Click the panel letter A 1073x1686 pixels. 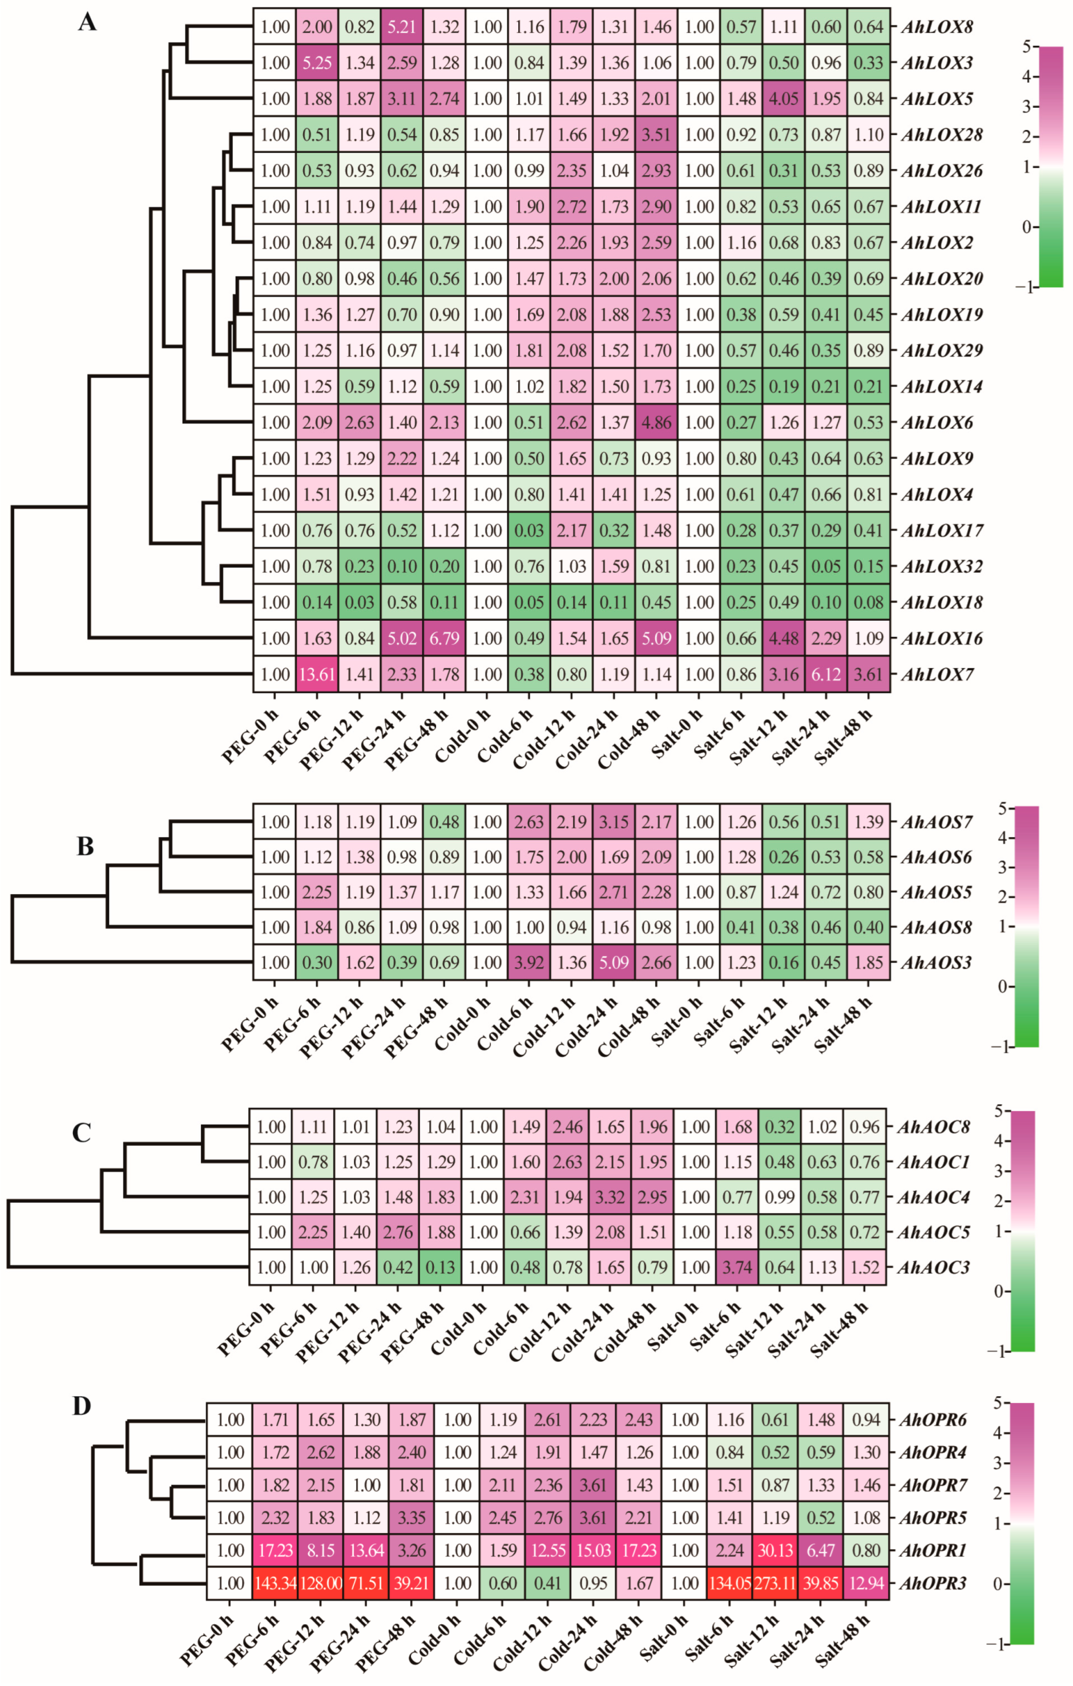click(87, 22)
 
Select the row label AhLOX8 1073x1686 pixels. click(937, 27)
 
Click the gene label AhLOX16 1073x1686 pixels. click(941, 638)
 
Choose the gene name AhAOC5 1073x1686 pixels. click(933, 1232)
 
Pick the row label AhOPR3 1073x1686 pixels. click(932, 1583)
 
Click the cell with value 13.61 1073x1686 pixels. click(317, 674)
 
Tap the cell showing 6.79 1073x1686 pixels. click(444, 638)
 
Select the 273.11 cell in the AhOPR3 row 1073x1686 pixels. click(775, 1583)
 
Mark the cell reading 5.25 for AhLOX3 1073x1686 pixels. click(317, 63)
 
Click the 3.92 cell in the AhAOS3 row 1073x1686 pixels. click(529, 963)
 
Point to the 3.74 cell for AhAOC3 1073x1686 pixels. click(737, 1267)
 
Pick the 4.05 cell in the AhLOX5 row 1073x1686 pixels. click(784, 99)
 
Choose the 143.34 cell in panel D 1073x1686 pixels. click(275, 1583)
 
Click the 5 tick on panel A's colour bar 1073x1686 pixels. click(1026, 47)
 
